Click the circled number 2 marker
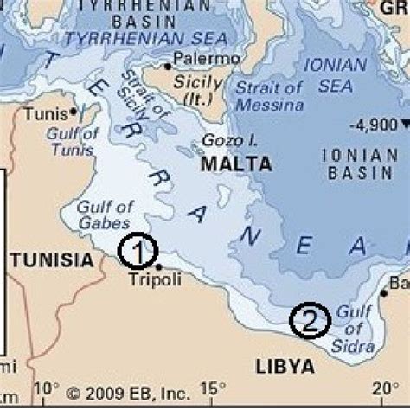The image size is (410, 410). (309, 321)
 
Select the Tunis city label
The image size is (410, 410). (43, 113)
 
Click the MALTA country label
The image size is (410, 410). (236, 163)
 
